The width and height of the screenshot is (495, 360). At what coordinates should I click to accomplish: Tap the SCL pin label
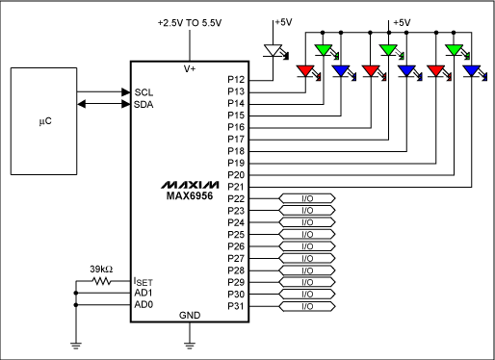143,92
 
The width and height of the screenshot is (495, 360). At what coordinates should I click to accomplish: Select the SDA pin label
143,103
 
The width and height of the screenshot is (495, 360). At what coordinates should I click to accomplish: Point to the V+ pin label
190,69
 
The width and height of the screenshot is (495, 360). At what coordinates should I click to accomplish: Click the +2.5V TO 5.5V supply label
191,21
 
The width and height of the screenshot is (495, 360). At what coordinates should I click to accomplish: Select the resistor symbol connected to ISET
103,282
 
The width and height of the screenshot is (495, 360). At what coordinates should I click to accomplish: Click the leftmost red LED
307,70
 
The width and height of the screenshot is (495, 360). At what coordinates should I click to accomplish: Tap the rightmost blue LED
471,70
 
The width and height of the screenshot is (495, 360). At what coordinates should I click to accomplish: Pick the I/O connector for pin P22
307,198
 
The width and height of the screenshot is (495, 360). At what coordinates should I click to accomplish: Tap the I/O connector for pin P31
307,306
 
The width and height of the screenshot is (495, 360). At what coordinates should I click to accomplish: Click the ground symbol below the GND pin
191,342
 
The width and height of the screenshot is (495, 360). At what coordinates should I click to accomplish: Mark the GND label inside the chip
190,316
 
